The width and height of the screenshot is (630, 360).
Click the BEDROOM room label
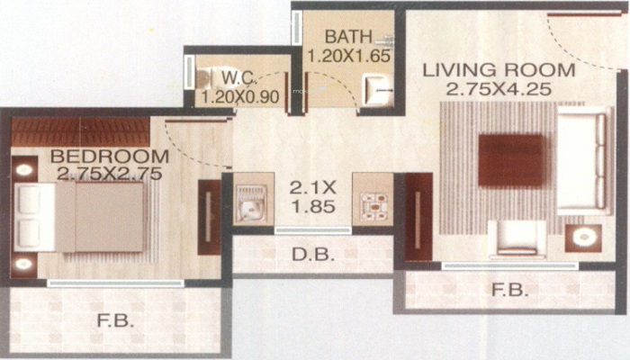click(x=109, y=156)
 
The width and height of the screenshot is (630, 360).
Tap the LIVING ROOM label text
click(x=499, y=70)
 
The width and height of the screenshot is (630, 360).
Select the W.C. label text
click(x=239, y=77)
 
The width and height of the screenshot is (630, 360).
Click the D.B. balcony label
click(x=313, y=255)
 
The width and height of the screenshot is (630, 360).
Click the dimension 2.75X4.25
click(x=499, y=89)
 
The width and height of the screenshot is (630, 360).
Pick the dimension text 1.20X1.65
click(x=349, y=56)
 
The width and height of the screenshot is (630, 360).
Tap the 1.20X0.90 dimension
click(x=240, y=97)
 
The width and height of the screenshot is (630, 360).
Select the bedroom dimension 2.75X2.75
click(x=109, y=174)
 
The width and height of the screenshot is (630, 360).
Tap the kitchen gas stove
click(x=374, y=207)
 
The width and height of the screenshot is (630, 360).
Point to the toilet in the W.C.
click(x=207, y=79)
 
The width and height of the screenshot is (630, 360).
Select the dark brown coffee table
click(x=511, y=160)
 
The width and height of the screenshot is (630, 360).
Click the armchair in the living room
click(x=517, y=239)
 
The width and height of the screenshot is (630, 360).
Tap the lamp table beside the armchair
click(x=583, y=238)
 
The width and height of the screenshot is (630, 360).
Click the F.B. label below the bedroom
click(x=115, y=320)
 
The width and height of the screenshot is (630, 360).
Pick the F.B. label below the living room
click(x=510, y=290)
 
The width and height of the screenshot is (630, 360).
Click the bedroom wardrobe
click(x=80, y=131)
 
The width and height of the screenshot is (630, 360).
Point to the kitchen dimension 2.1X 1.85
click(x=313, y=197)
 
